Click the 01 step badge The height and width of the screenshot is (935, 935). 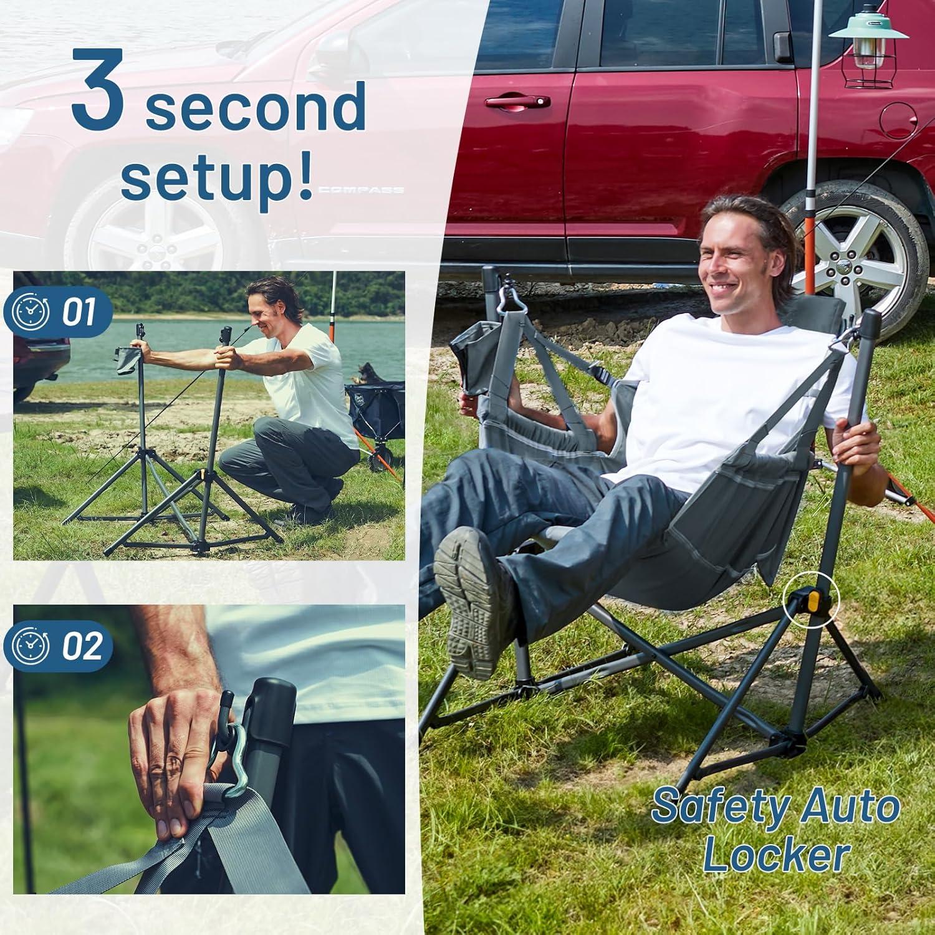tap(58, 312)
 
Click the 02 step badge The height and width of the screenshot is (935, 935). tap(58, 646)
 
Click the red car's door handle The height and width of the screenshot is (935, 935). tap(517, 102)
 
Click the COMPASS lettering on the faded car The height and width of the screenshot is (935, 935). tap(361, 190)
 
